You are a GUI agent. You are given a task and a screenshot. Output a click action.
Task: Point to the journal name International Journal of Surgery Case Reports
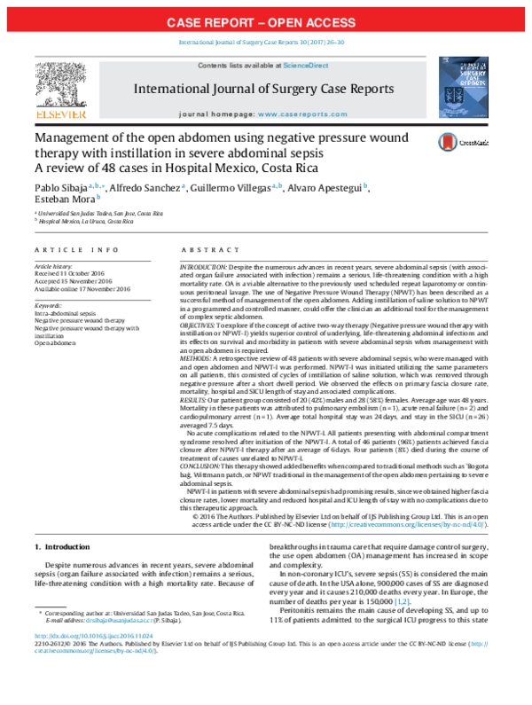263,90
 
